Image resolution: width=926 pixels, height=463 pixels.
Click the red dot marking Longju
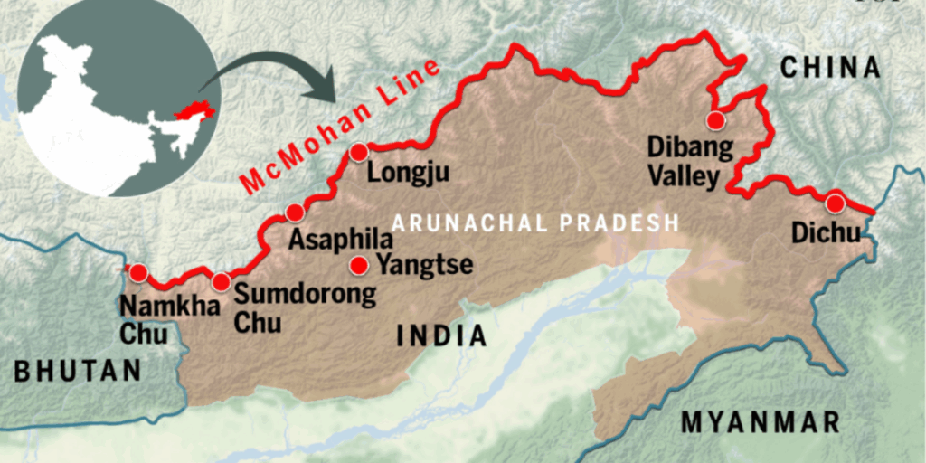click(x=360, y=152)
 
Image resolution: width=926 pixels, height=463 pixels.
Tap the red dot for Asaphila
click(x=294, y=213)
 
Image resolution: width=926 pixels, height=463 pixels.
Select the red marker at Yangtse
click(x=359, y=266)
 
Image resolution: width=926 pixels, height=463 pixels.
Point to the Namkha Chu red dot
click(x=137, y=272)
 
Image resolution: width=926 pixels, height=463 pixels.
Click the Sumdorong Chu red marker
click(x=221, y=280)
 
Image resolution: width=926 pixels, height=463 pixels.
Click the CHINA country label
click(x=830, y=67)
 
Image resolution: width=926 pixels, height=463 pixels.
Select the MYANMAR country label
click(x=761, y=422)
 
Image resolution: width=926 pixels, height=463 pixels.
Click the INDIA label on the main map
click(x=441, y=336)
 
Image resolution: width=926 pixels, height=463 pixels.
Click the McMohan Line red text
click(x=341, y=127)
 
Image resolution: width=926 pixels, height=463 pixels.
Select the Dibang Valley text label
click(x=685, y=160)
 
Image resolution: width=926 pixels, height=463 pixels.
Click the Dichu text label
click(x=826, y=233)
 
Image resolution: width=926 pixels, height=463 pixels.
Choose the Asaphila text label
click(x=340, y=241)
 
